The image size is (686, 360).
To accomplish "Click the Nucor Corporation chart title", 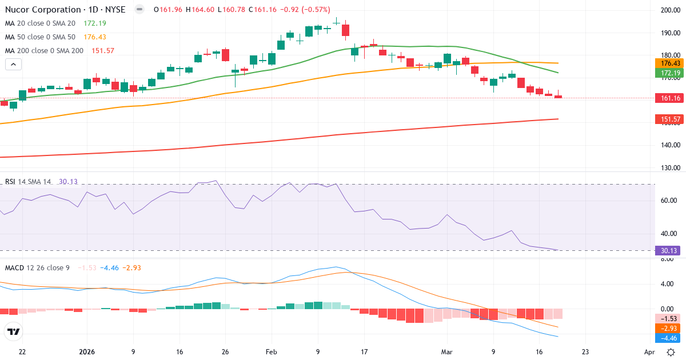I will coord(42,10).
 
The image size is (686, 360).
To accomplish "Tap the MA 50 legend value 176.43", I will coord(95,37).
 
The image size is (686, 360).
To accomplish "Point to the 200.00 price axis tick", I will coord(669,10).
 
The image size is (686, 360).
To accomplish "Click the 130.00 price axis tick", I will coord(669,168).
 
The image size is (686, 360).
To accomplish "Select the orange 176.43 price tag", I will coord(669,63).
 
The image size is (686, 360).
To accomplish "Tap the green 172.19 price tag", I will coord(669,73).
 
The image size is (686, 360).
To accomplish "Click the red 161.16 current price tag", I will coord(669,98).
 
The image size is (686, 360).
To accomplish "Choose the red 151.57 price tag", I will coord(669,119).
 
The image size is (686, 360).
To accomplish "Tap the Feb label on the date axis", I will coord(272,352).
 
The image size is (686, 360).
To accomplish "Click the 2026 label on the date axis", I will coord(87,352).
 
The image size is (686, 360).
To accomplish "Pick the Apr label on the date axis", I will coord(649,352).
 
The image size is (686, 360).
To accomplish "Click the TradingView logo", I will coord(14,331).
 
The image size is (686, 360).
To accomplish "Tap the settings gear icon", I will coord(671,352).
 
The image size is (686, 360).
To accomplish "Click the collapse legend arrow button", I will coord(13,64).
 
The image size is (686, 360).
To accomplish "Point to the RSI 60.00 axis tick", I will coord(669,201).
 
